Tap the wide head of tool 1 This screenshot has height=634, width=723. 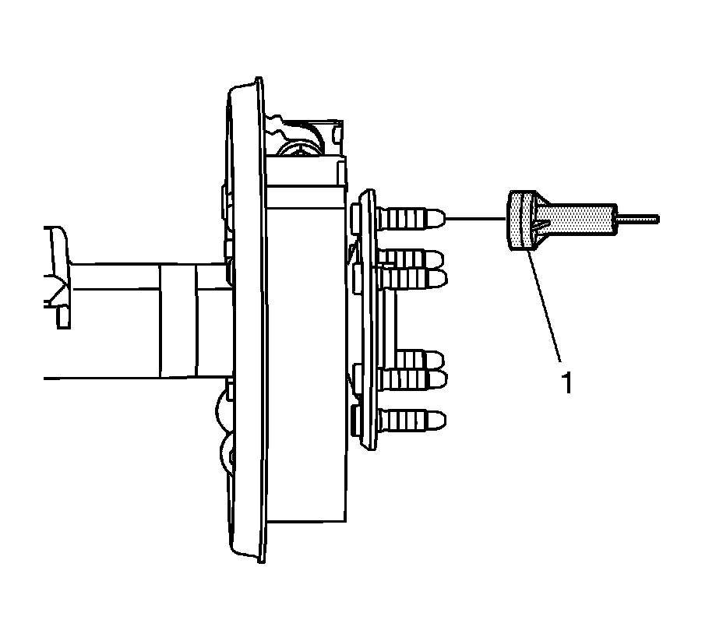click(519, 221)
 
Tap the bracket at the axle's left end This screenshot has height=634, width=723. click(59, 276)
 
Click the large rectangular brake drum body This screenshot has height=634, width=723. click(304, 350)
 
